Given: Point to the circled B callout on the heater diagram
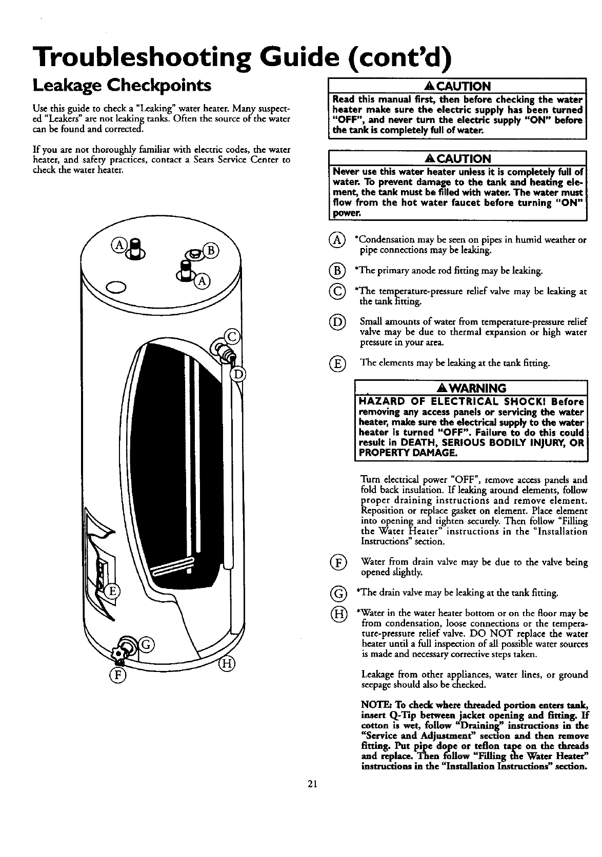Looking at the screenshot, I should tap(211, 251).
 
